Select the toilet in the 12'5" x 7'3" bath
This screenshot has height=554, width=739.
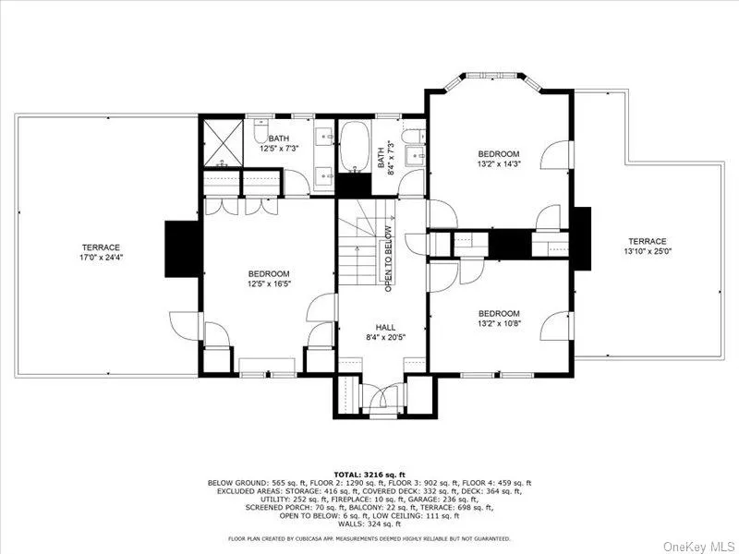point(260,135)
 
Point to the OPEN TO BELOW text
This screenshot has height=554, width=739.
point(389,259)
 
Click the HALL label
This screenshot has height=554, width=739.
point(385,327)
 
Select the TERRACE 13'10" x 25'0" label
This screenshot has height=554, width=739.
point(648,246)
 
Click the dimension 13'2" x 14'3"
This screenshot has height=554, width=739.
point(498,164)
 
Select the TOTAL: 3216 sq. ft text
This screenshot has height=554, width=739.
point(369,474)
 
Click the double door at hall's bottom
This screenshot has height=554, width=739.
point(382,399)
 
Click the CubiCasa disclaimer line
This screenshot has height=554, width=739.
point(369,538)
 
